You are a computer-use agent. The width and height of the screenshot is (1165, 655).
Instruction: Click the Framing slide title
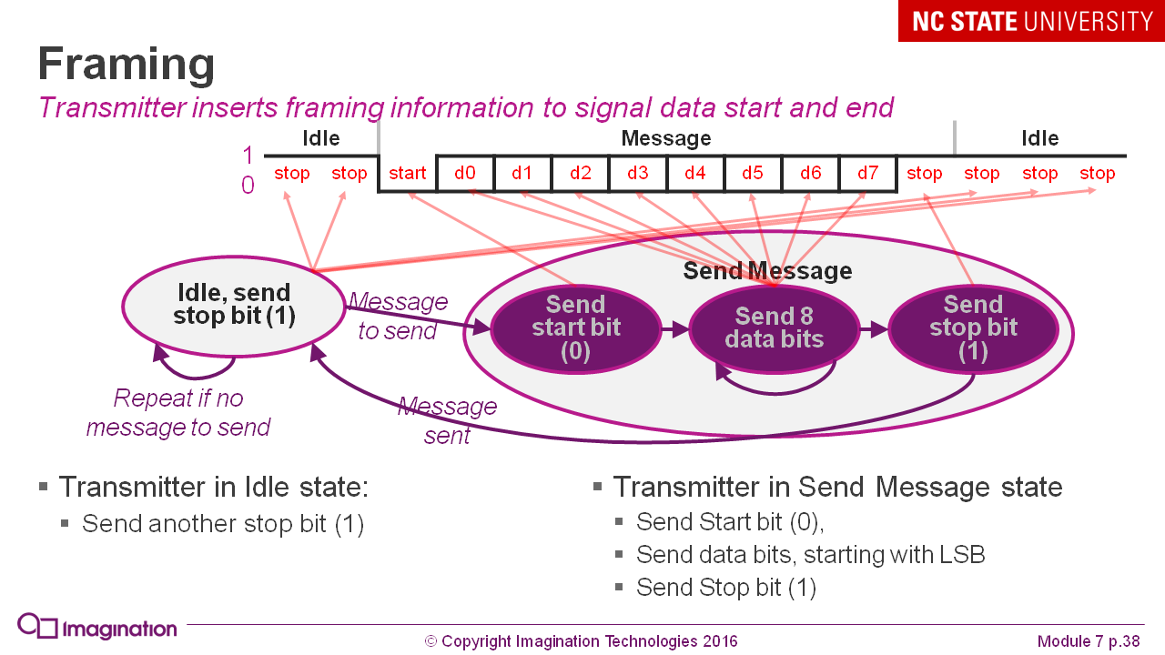[x=127, y=65]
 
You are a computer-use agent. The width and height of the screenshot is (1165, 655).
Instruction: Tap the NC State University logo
[x=1031, y=21]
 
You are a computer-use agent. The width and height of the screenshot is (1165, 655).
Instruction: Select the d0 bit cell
[x=465, y=173]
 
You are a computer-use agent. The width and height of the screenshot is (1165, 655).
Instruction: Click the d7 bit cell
[x=867, y=173]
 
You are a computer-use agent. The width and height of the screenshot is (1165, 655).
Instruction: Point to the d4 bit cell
[x=695, y=173]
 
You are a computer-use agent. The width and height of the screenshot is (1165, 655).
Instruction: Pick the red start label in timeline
[x=407, y=173]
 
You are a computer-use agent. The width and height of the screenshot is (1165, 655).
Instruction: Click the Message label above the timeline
[x=665, y=138]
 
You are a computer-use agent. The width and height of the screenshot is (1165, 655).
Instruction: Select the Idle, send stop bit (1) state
[x=233, y=304]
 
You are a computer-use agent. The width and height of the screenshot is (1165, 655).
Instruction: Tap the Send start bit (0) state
[x=575, y=327]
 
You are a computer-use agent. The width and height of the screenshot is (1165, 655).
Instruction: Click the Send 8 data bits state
[x=774, y=327]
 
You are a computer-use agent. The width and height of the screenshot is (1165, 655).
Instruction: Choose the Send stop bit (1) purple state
[x=972, y=327]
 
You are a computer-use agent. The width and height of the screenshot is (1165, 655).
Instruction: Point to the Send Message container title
[x=767, y=271]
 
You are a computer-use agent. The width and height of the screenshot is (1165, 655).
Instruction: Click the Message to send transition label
[x=398, y=316]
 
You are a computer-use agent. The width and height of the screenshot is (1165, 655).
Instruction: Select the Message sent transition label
[x=447, y=420]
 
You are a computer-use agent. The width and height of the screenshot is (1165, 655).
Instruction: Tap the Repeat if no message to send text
[x=178, y=413]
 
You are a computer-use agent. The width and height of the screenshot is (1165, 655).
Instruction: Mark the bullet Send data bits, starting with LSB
[x=810, y=554]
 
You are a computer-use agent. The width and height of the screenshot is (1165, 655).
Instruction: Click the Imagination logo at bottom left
[x=97, y=628]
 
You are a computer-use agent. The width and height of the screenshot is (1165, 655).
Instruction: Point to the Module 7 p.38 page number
[x=1088, y=640]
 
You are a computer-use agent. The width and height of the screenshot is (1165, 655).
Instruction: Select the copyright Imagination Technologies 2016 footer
[x=581, y=640]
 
